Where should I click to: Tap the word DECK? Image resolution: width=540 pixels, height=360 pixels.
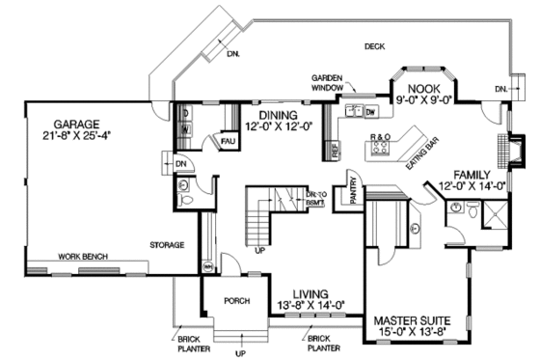376,46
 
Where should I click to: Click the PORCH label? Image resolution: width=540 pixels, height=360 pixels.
236,299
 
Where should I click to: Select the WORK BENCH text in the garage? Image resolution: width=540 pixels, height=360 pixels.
81,257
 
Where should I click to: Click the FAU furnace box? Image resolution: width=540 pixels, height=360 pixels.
229,140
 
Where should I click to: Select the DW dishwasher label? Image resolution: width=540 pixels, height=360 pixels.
370,111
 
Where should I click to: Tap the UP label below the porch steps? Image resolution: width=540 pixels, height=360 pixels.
241,353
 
